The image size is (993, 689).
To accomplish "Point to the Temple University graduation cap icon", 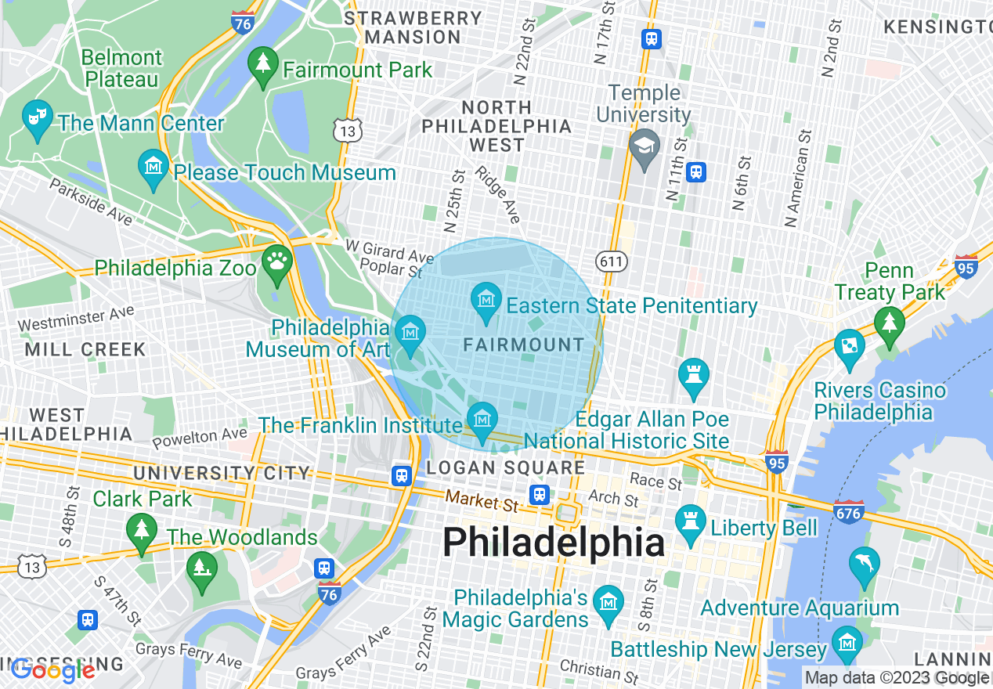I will (x=645, y=146).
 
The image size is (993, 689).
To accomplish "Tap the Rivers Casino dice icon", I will (x=849, y=345).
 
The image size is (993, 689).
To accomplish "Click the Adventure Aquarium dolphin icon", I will (x=864, y=564).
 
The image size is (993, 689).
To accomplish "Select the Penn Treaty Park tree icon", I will (x=890, y=323).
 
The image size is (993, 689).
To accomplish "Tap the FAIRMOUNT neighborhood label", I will (x=524, y=344).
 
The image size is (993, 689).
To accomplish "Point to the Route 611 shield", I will (x=611, y=262).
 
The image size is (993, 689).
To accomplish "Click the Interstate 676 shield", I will (x=849, y=513).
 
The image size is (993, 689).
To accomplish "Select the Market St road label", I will (x=482, y=500).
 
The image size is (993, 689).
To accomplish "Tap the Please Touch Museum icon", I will (x=153, y=167).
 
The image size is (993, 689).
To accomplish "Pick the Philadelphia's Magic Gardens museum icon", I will (x=608, y=602).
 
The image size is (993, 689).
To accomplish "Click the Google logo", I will (x=53, y=670).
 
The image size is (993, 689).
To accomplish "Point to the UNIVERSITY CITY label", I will (x=222, y=473).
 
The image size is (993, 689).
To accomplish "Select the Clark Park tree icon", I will (x=142, y=530).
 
